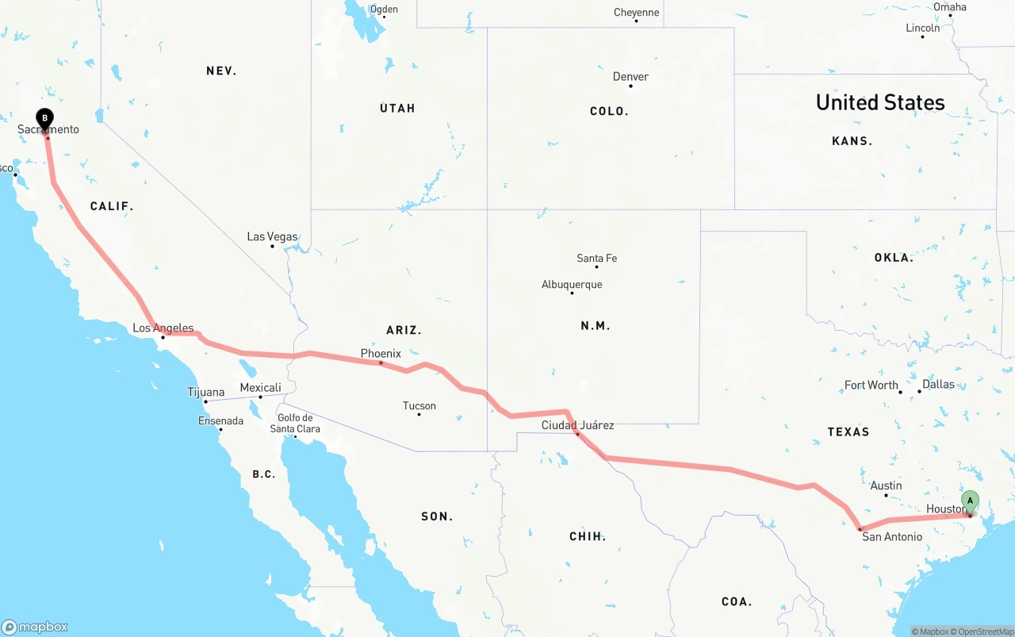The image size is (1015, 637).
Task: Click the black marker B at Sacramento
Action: [45, 119]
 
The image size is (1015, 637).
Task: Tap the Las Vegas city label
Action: [272, 236]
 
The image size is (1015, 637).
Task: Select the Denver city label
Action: [630, 77]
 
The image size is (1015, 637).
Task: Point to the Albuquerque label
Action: [572, 285]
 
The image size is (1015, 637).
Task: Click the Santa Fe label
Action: [596, 258]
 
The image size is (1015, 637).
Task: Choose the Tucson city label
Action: [419, 406]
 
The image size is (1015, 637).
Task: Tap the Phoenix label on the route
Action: [381, 353]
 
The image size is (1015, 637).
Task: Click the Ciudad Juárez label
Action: [577, 425]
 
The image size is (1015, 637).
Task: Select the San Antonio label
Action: [892, 537]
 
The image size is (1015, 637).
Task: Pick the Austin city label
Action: [886, 485]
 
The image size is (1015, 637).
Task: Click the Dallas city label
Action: [939, 384]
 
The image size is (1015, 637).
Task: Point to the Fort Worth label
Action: [871, 385]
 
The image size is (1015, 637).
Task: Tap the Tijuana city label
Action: [205, 392]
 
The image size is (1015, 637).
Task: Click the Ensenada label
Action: [220, 420]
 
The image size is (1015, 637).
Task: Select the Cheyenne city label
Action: [636, 13]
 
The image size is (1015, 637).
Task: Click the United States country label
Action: [880, 102]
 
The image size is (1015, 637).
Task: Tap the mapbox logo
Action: [35, 627]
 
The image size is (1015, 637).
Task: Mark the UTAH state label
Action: [397, 108]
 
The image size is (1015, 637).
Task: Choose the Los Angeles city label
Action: [163, 328]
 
